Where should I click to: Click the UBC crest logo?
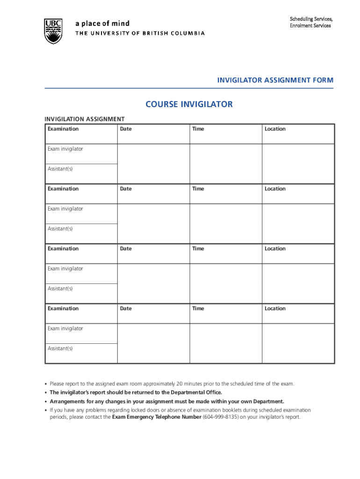pos(53,31)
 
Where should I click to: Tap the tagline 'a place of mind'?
pos(102,23)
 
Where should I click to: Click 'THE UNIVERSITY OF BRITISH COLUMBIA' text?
pos(140,33)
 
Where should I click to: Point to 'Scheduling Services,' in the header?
pos(311,19)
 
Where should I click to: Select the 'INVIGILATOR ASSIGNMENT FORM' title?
pos(275,80)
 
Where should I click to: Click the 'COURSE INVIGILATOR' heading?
pos(189,104)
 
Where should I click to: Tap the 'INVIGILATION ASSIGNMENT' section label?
pos(84,119)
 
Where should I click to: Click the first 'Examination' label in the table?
pos(63,129)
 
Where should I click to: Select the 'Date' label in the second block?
pos(126,189)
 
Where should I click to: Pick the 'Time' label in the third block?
pos(198,249)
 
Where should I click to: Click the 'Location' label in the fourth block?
pos(275,309)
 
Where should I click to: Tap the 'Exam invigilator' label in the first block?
pos(65,149)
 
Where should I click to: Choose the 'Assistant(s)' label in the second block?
pos(60,229)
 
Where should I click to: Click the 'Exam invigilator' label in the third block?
pos(65,269)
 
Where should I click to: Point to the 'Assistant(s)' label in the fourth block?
pos(60,348)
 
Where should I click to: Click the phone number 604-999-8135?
pos(220,417)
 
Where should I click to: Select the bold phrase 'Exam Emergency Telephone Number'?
pos(157,417)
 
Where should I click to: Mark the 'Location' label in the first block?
pos(275,129)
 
